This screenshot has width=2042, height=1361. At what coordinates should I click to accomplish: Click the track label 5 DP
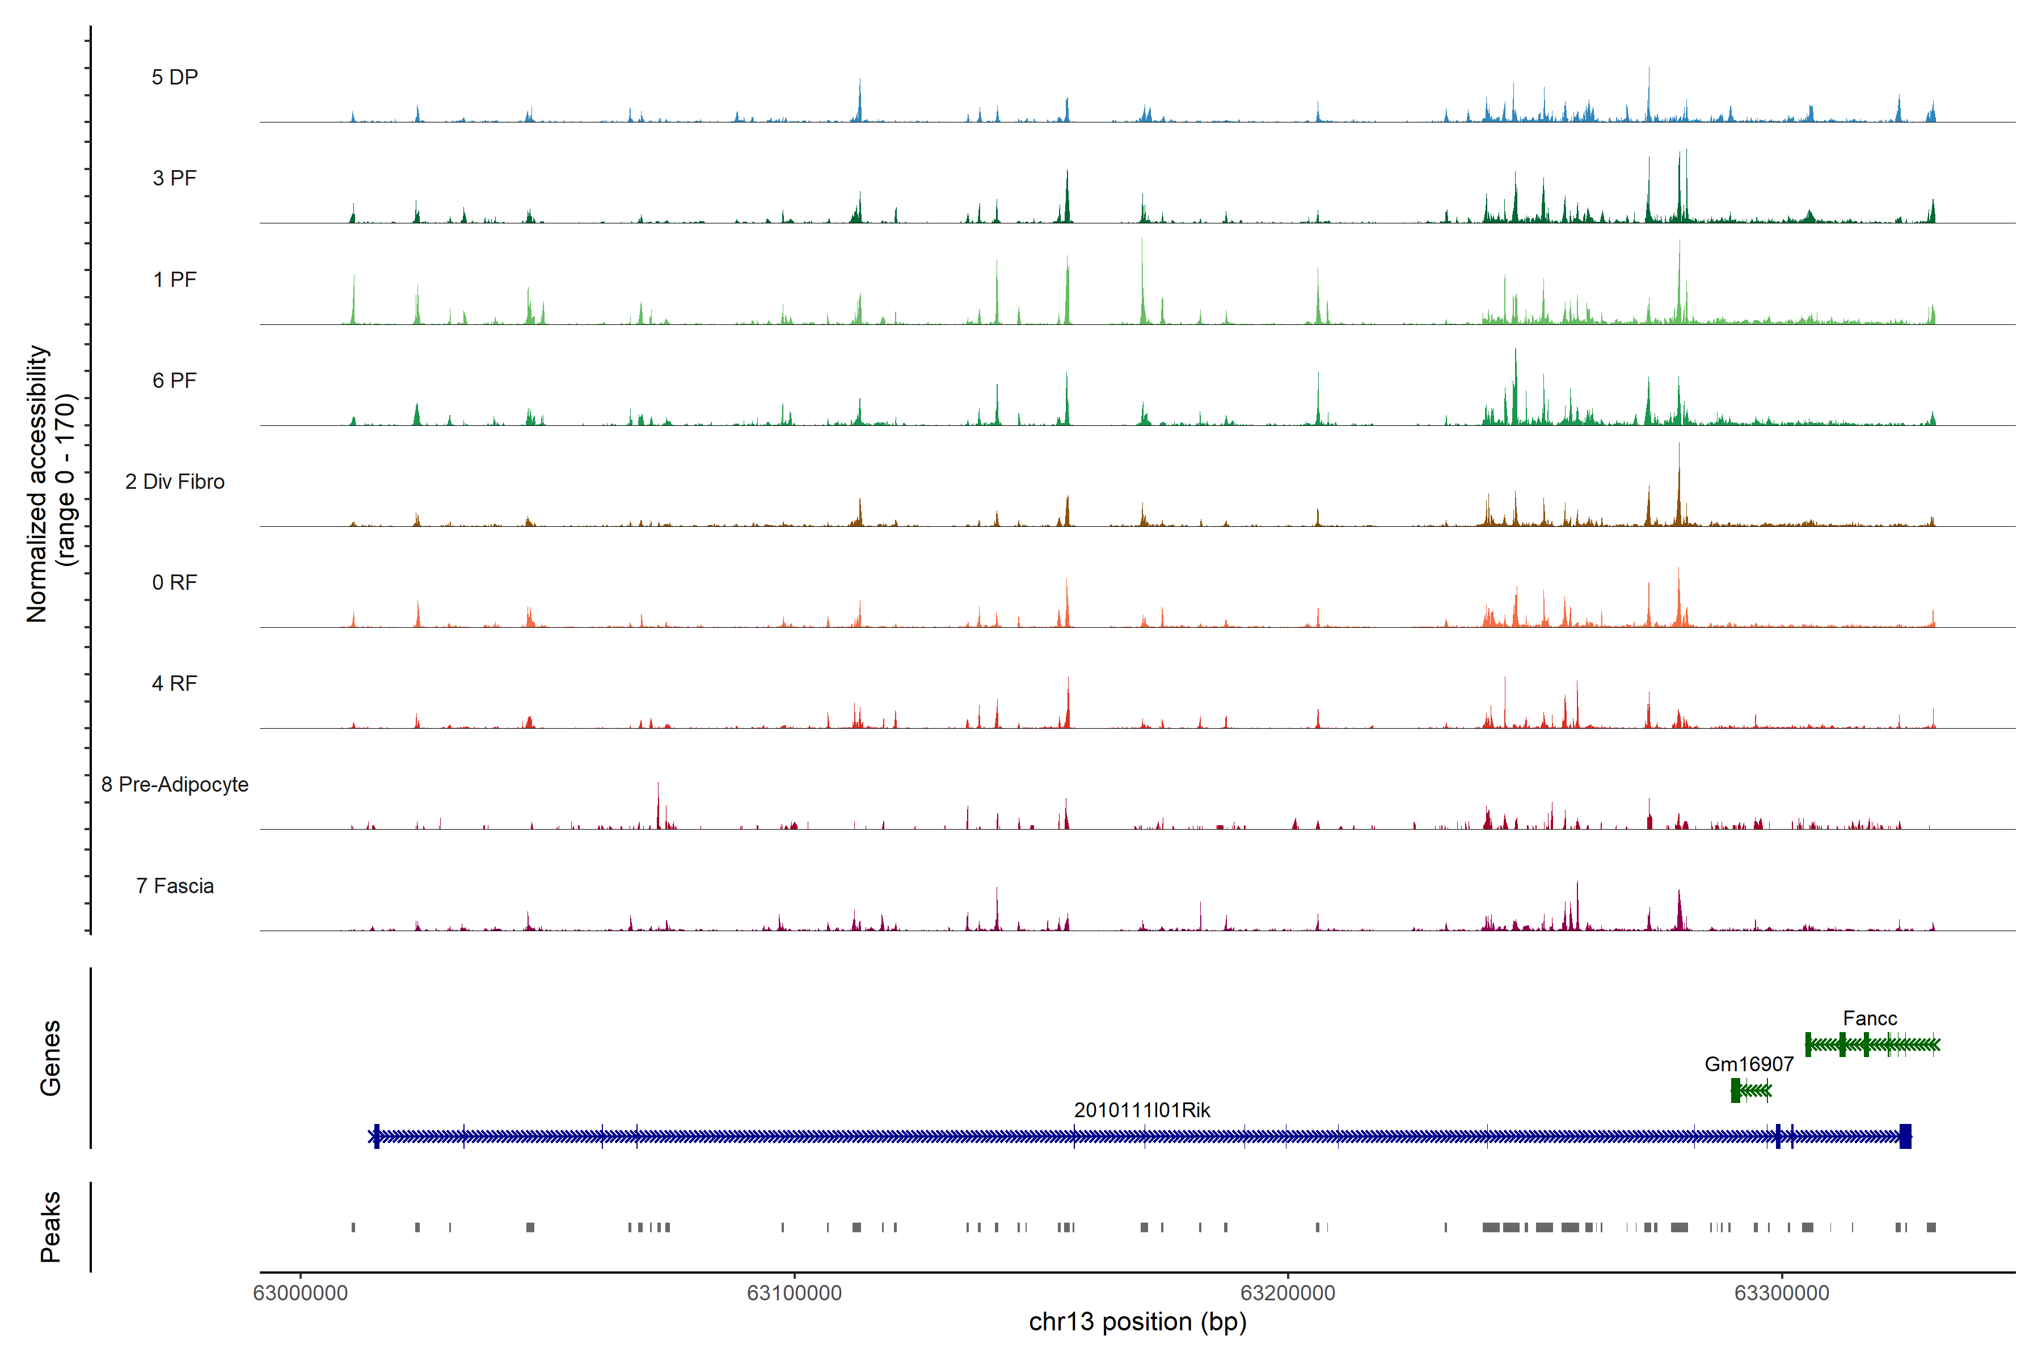coord(175,77)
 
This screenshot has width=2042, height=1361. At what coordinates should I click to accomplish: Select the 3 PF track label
coord(175,178)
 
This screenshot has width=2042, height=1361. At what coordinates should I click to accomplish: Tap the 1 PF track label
coord(175,280)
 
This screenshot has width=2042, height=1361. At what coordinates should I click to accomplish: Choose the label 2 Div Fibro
coord(175,481)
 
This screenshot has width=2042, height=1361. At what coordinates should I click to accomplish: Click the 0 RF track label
coord(175,582)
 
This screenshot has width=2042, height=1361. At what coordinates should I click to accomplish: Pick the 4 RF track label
coord(175,683)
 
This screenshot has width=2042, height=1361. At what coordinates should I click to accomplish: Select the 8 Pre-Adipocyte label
coord(175,785)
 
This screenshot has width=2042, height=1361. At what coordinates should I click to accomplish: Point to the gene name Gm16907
coord(1749,1064)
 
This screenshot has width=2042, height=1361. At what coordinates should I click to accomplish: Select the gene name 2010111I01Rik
coord(1142,1110)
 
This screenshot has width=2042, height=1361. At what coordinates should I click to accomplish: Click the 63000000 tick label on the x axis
coord(301,1294)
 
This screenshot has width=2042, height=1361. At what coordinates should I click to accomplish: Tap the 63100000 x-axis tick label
coord(795,1294)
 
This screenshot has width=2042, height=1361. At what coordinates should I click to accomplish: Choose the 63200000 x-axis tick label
coord(1288,1294)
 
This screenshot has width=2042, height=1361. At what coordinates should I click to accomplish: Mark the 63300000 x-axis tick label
coord(1782,1294)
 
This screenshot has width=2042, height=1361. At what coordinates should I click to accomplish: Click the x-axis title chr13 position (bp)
coord(1137,1322)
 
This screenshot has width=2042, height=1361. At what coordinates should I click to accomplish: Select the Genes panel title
coord(50,1058)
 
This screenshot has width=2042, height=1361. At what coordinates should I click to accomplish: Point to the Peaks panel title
coord(50,1227)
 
